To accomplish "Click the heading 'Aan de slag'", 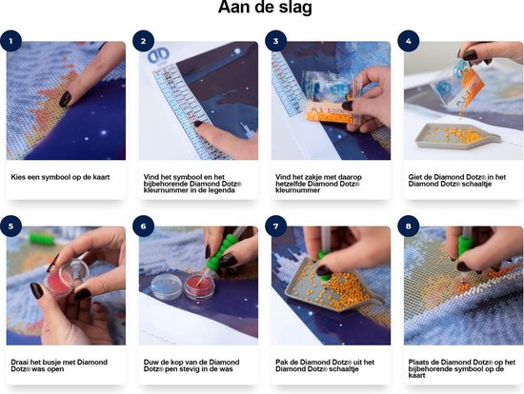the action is (265, 7).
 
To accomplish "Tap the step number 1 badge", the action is (11, 41).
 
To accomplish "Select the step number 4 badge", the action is (409, 41).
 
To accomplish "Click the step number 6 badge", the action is (143, 227).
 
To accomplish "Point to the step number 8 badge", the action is (409, 227).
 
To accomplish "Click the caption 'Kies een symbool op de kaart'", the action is (60, 177).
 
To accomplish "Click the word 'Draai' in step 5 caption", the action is (20, 363).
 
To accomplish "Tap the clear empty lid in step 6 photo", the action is (166, 286).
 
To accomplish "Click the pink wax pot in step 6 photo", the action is (200, 286).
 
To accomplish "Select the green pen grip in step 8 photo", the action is (465, 246).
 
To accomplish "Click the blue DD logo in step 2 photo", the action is (158, 55).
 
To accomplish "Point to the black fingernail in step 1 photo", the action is (65, 99).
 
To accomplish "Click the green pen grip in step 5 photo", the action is (41, 239).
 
